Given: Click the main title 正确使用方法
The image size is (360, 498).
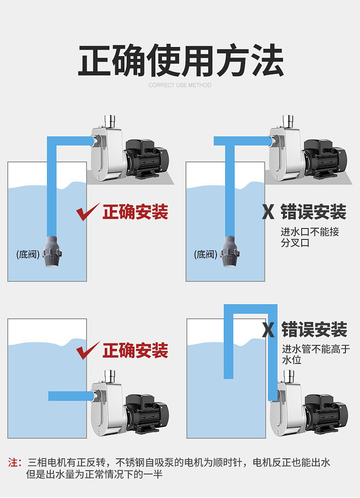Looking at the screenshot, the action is [x=180, y=60].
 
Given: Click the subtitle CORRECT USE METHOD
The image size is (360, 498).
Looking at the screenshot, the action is [x=180, y=85].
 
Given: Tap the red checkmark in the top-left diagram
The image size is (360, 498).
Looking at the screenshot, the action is [x=87, y=212].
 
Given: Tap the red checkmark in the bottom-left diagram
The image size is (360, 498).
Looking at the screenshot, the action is [x=87, y=351].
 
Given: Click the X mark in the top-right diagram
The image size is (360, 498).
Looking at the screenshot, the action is [x=268, y=212].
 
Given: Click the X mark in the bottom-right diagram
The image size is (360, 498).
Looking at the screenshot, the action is [x=268, y=330].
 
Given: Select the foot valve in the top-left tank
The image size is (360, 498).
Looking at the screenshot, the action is [x=52, y=252].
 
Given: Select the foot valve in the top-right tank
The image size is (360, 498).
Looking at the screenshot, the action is [x=230, y=252].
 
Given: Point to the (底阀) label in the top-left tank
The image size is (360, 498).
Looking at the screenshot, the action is [x=28, y=254].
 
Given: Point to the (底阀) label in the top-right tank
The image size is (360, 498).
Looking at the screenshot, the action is [x=206, y=254].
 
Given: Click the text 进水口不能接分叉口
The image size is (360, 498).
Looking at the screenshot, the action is [x=310, y=237].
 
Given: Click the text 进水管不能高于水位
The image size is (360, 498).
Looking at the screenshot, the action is [x=316, y=354].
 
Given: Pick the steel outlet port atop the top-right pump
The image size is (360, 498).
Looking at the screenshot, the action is [x=288, y=121].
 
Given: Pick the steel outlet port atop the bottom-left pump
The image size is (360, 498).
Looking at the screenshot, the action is [x=110, y=376].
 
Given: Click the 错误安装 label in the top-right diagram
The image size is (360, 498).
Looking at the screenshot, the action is [x=314, y=212].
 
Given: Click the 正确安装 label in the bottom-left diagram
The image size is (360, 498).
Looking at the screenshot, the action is [x=135, y=351].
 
